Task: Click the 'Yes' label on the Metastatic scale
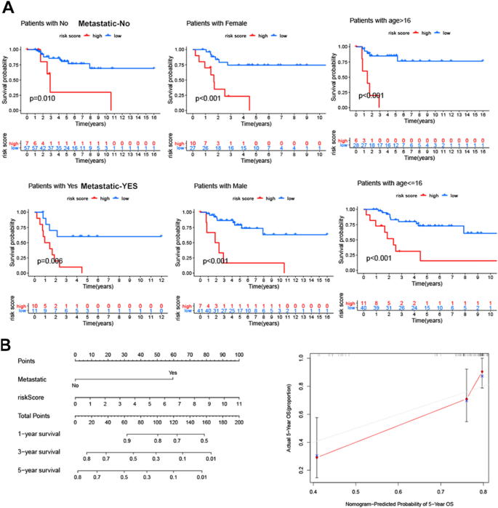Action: (x=172, y=373)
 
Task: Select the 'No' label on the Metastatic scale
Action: (x=76, y=386)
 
